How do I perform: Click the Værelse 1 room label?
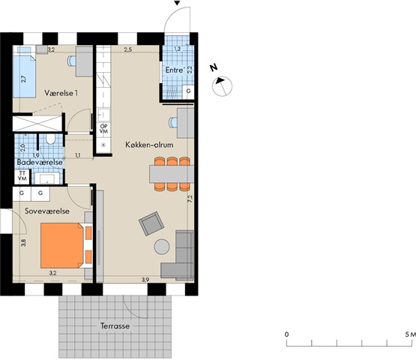[x=61, y=93]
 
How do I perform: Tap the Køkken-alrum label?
[x=149, y=145]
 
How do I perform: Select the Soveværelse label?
[x=47, y=211]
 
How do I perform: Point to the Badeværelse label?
[x=40, y=162]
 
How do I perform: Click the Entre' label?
[x=175, y=70]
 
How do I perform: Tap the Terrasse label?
[x=115, y=325]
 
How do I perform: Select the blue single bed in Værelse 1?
[x=24, y=72]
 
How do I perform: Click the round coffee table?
[x=162, y=247]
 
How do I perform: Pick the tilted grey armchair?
[x=151, y=223]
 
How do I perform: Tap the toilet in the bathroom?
[x=50, y=139]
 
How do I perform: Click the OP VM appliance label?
[x=103, y=129]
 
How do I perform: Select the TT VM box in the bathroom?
[x=22, y=176]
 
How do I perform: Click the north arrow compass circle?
[x=223, y=86]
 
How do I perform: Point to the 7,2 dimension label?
[x=190, y=199]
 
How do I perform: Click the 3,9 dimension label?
[x=145, y=280]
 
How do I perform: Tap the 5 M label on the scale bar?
[x=411, y=334]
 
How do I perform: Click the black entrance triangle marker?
[x=177, y=3]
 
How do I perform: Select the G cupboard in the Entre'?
[x=188, y=91]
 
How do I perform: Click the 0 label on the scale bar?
[x=286, y=334]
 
